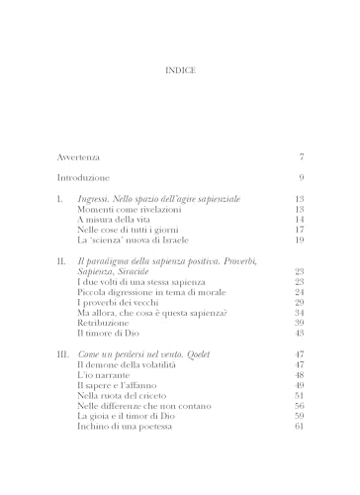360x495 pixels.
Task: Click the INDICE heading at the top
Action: pyautogui.click(x=179, y=70)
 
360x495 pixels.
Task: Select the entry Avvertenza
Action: pyautogui.click(x=80, y=157)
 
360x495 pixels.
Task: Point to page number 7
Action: pyautogui.click(x=301, y=157)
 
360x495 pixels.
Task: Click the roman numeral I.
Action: pyautogui.click(x=59, y=199)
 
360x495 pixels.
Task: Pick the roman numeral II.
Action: pyautogui.click(x=61, y=258)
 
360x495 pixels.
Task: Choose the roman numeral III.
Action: pyautogui.click(x=63, y=353)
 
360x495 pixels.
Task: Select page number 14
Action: pyautogui.click(x=298, y=223)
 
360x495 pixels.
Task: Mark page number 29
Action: pyautogui.click(x=298, y=306)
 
